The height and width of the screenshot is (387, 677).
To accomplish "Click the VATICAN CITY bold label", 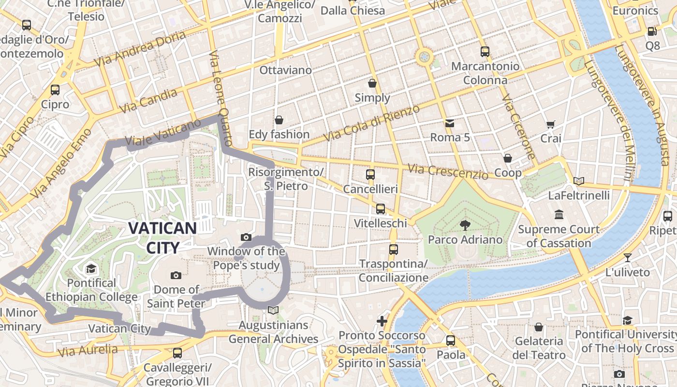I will (x=162, y=238).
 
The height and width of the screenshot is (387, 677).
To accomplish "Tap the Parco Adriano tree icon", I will (x=465, y=225).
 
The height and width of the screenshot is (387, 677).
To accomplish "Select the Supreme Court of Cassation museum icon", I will (x=559, y=214).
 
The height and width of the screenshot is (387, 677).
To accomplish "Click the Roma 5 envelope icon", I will (x=450, y=123).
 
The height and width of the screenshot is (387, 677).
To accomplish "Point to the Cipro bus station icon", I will (x=55, y=90).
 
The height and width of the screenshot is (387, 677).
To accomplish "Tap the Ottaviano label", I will (x=285, y=70).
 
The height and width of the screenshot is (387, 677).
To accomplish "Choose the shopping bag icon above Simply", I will (x=372, y=84).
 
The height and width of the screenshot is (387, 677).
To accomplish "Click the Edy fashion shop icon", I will (x=279, y=120).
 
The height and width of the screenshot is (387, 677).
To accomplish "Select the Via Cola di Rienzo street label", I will (x=371, y=123).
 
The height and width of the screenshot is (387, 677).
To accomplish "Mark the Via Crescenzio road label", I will (x=448, y=172).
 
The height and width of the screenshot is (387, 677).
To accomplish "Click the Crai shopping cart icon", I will (x=550, y=124).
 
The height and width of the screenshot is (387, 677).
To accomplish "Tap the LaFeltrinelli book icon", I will (x=578, y=181).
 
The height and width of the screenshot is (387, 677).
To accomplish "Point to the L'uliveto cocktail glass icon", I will (x=628, y=258).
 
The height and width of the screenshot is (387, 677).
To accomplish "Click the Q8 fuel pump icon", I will (x=652, y=31).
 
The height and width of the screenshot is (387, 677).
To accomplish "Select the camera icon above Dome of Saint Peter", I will (x=176, y=276).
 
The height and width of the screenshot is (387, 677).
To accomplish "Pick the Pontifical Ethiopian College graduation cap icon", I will (x=91, y=269).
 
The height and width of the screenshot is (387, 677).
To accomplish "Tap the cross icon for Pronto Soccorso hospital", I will (x=382, y=321).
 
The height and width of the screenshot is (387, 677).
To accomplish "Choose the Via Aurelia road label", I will (x=87, y=350).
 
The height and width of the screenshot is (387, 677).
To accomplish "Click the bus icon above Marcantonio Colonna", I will (x=485, y=51).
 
